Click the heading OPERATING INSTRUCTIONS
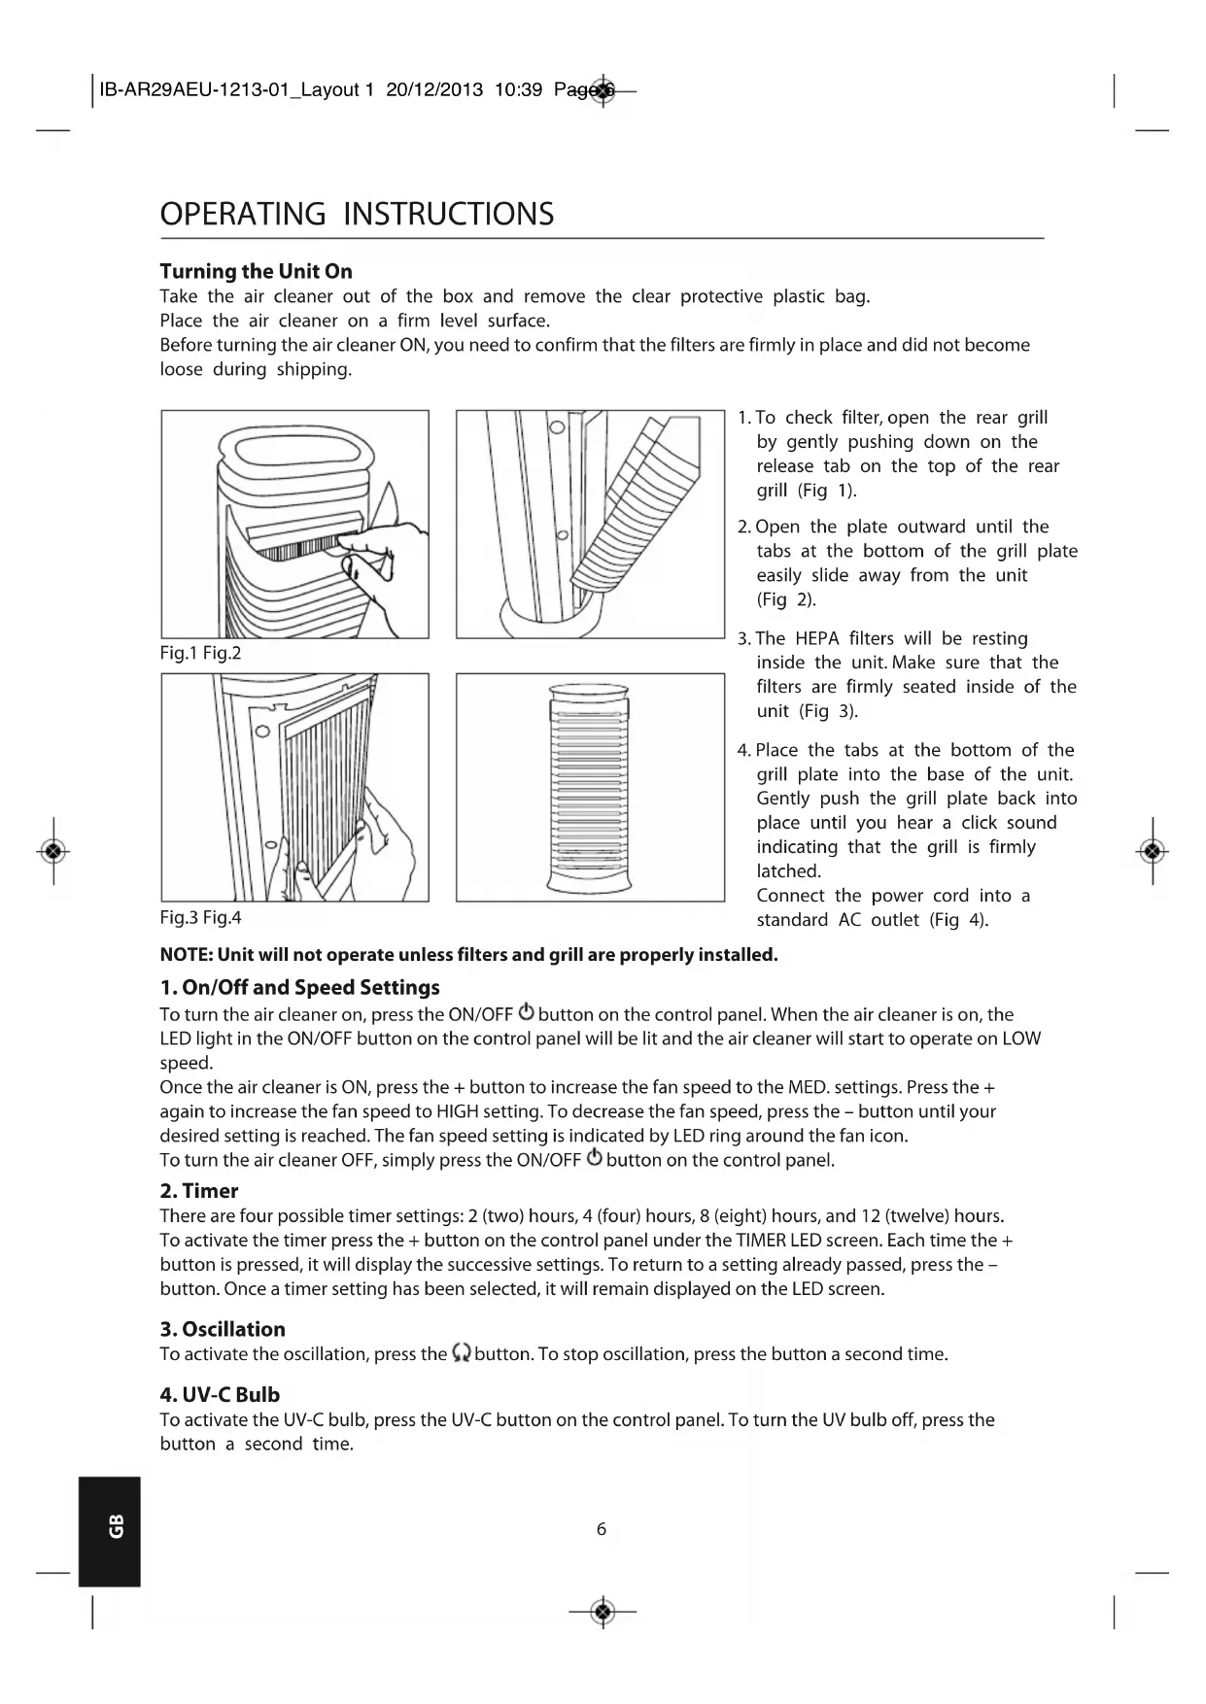click(357, 214)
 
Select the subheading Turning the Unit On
click(256, 271)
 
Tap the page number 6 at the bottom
click(602, 1529)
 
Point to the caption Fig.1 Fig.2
click(200, 653)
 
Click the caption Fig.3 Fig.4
click(200, 917)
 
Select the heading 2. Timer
click(198, 1191)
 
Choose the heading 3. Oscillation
click(223, 1329)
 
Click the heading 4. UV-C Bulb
click(220, 1395)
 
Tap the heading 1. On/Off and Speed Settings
click(299, 988)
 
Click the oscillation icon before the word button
click(462, 1353)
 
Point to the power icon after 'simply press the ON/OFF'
click(594, 1159)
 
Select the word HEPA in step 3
click(816, 638)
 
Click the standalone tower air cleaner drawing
click(590, 787)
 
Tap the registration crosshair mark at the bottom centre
click(603, 1613)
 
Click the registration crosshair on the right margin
click(1153, 851)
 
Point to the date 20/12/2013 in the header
click(434, 90)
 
